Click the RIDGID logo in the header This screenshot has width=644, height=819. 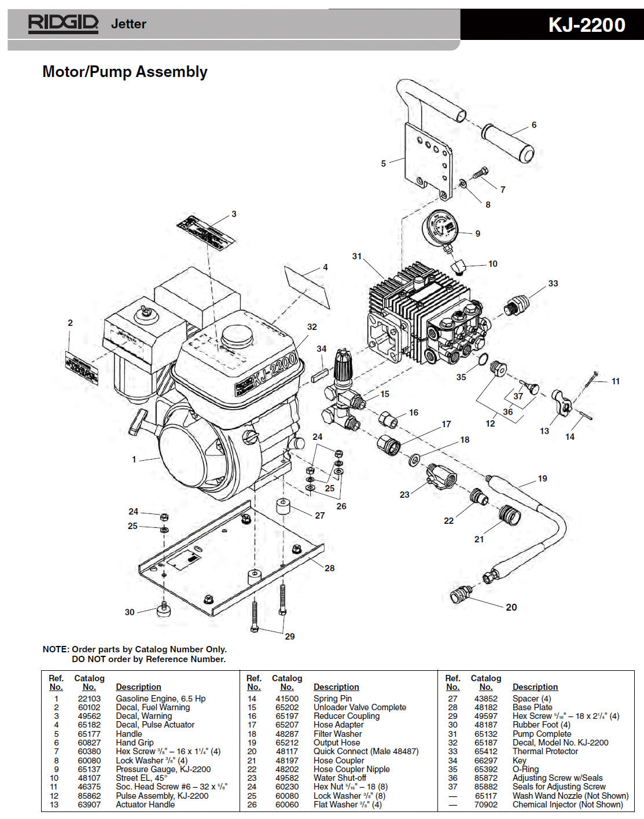[63, 24]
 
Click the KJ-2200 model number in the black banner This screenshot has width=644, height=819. [586, 25]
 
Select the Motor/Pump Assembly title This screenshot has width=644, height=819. [125, 72]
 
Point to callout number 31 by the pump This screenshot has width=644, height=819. [357, 256]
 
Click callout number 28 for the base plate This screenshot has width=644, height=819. [329, 568]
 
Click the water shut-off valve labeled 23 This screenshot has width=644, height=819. [440, 476]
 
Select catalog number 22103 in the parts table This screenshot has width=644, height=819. [89, 699]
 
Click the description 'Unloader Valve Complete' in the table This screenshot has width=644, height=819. [359, 707]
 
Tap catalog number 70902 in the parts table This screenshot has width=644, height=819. [485, 805]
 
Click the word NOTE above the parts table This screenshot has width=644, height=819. [56, 649]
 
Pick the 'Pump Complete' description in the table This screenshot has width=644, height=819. [542, 733]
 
